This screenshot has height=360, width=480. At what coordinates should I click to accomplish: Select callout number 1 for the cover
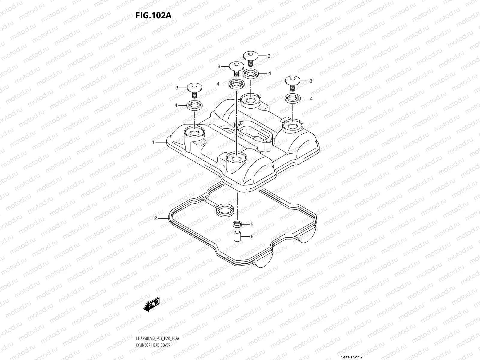[x=153, y=142]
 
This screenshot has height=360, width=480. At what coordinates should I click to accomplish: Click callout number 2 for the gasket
[x=155, y=218]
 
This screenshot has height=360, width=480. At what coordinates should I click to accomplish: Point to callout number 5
[x=252, y=224]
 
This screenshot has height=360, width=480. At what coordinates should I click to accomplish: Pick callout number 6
[x=252, y=237]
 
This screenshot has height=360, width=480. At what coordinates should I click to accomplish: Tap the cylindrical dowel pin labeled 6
[x=237, y=236]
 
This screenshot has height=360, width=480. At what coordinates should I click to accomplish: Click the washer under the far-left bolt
[x=194, y=105]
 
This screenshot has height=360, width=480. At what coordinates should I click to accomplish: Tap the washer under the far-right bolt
[x=292, y=98]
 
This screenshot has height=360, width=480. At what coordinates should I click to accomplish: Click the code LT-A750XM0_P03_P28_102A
[x=157, y=339]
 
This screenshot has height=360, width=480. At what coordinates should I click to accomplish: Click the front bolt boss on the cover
[x=236, y=159]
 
